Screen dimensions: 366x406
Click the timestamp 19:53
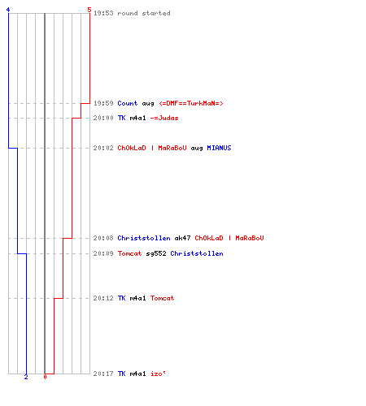click(103, 13)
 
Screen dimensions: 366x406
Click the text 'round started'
click(144, 13)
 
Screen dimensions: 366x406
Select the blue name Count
click(128, 103)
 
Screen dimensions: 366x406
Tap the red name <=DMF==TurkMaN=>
click(191, 103)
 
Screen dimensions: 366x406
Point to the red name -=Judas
click(164, 118)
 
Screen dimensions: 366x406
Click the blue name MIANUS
click(219, 148)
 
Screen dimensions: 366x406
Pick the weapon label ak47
click(182, 238)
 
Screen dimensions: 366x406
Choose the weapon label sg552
click(156, 253)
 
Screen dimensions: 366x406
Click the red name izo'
click(158, 374)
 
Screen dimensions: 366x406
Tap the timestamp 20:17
click(103, 374)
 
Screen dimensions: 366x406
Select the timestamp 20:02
click(103, 148)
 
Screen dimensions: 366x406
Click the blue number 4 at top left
click(8, 10)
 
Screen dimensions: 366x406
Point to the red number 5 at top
click(89, 10)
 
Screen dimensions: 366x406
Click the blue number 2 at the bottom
click(26, 377)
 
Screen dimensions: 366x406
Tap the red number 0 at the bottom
click(45, 377)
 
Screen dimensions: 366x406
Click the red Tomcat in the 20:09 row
click(129, 253)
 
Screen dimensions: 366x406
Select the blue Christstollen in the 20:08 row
click(144, 238)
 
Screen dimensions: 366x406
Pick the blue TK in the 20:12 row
click(121, 298)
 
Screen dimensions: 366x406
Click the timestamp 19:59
click(103, 103)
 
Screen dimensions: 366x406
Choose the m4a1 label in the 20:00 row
click(137, 118)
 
